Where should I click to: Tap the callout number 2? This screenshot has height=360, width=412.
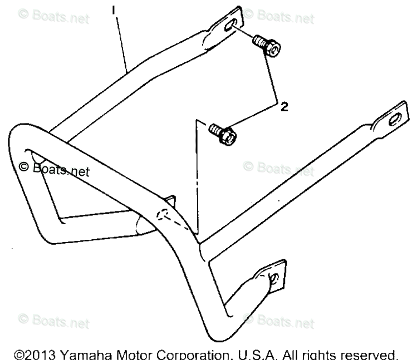[284, 106]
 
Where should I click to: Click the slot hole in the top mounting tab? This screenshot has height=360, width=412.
[229, 25]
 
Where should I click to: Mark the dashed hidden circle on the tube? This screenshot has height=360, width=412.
[164, 215]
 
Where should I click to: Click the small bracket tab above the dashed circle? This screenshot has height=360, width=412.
[170, 200]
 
